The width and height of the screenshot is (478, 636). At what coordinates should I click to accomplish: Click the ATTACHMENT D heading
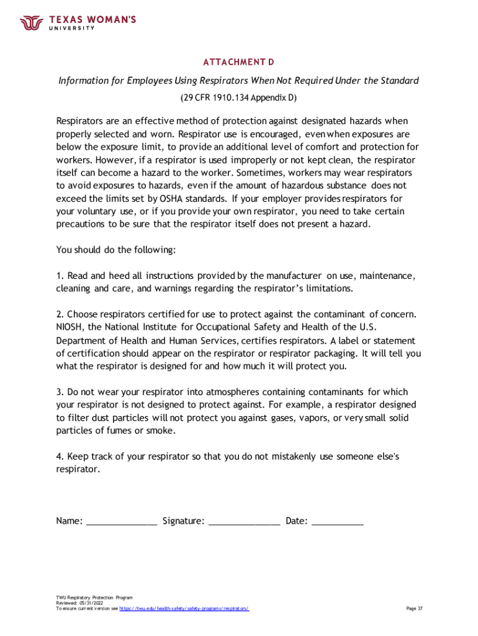(x=238, y=62)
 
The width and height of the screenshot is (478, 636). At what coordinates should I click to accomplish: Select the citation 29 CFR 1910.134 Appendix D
(x=238, y=98)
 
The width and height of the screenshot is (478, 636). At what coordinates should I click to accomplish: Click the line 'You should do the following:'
(x=116, y=250)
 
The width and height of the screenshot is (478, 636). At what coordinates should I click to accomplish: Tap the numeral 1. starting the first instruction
(x=60, y=275)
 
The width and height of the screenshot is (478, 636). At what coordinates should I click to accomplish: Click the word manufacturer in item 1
(x=294, y=275)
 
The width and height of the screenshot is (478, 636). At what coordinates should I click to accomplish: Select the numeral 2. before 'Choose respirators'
(x=60, y=314)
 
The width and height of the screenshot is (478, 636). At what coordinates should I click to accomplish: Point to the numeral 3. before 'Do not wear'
(x=60, y=392)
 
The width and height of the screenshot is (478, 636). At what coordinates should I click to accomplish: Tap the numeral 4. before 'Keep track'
(x=60, y=457)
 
